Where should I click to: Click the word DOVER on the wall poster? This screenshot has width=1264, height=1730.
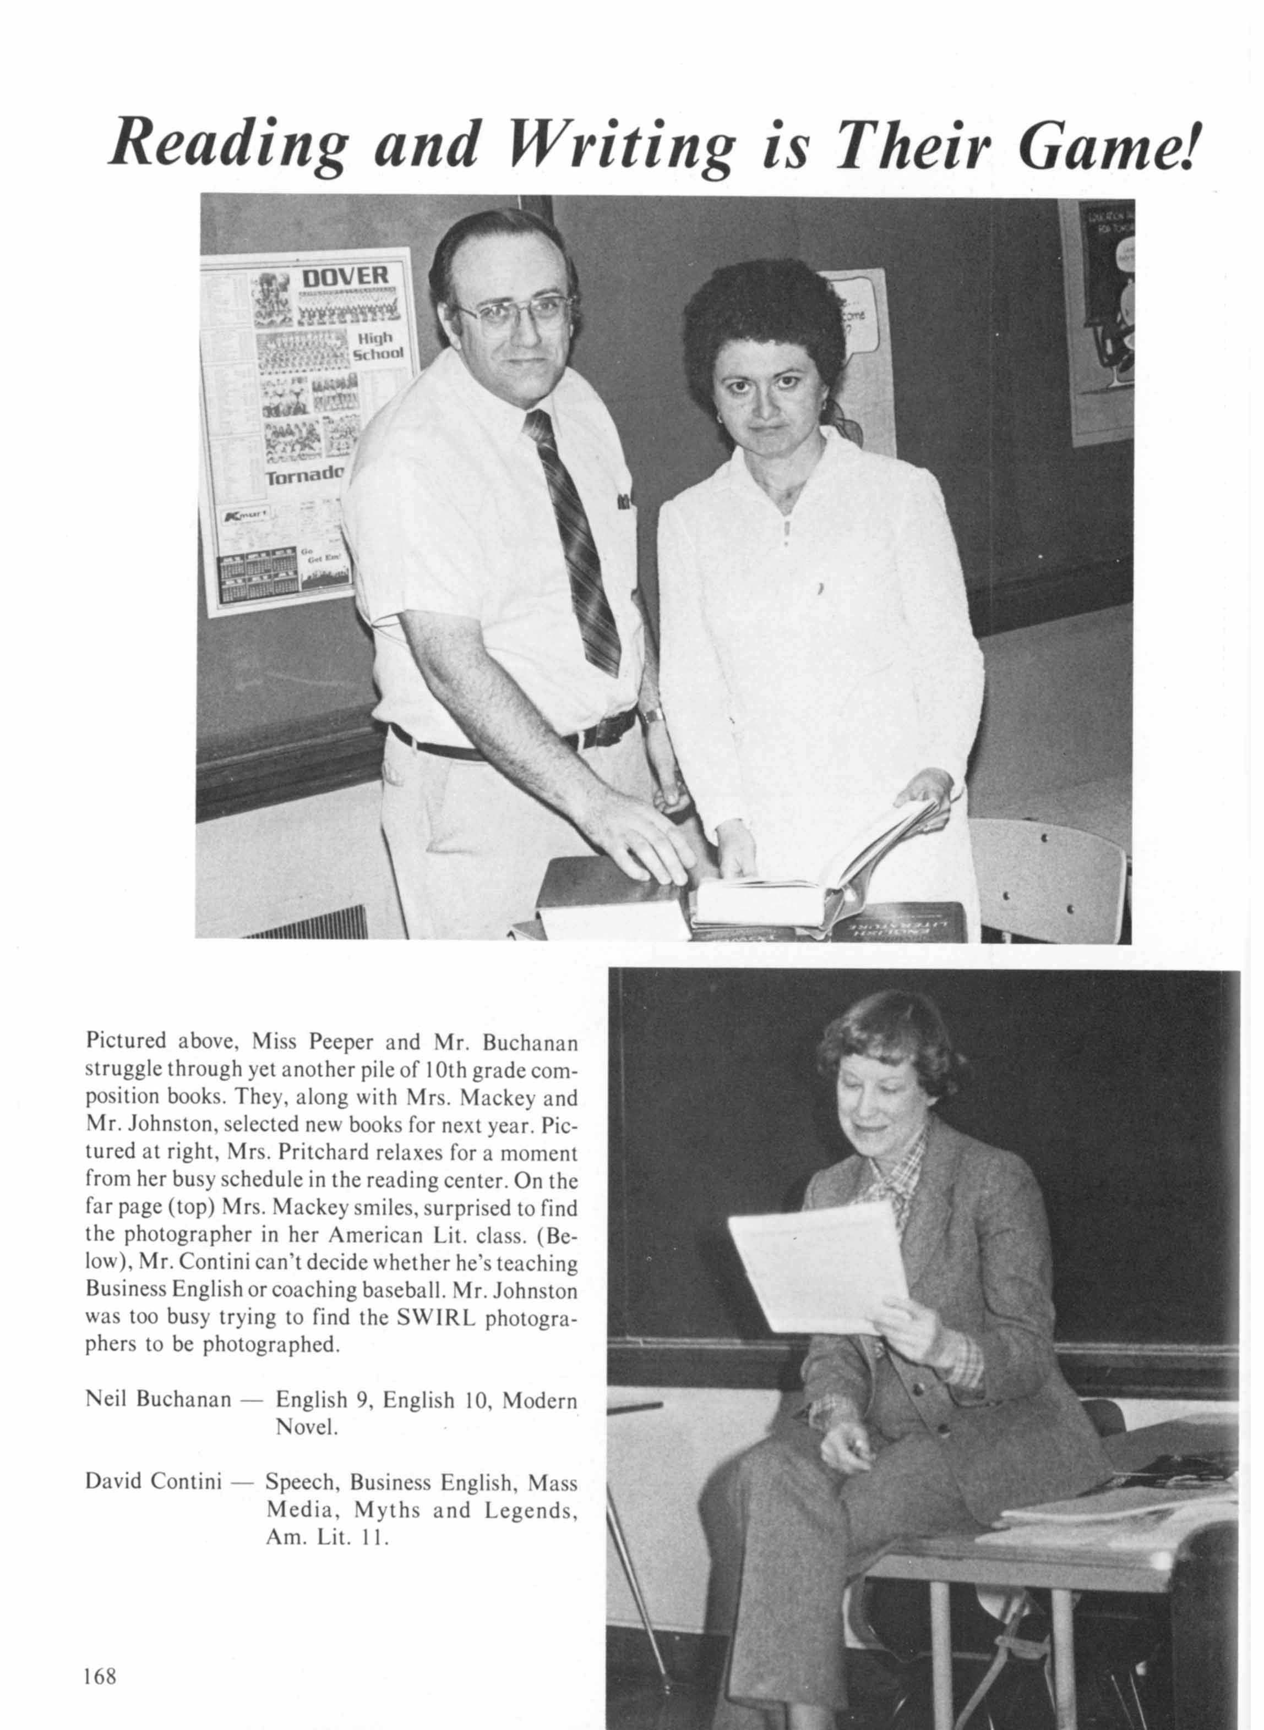pos(345,276)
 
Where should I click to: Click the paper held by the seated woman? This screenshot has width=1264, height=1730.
pos(815,1266)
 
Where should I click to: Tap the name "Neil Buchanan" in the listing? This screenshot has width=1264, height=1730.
pos(157,1400)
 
